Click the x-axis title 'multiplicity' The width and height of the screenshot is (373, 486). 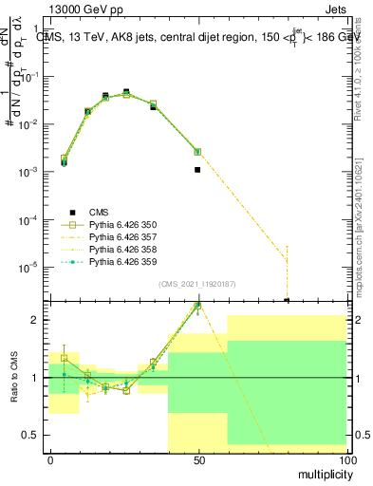point(319,473)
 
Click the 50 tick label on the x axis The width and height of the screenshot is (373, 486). point(197,459)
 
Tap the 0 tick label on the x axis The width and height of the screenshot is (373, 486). point(50,459)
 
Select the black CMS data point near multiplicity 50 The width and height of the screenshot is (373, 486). point(197,170)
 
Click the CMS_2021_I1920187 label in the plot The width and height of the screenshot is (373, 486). point(196,284)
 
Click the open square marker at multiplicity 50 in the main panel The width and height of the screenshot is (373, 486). point(197,151)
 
